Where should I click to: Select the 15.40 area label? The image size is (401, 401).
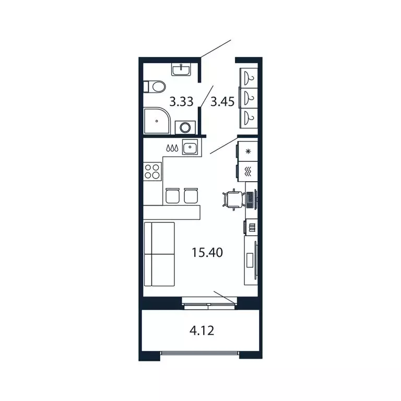[x=207, y=253]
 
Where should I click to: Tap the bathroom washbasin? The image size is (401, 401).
[x=182, y=68]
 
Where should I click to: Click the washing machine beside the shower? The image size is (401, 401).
[x=185, y=127]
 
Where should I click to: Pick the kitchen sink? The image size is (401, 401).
[x=191, y=148]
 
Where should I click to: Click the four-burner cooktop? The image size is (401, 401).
[x=152, y=172]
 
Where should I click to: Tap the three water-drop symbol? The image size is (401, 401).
[x=173, y=148]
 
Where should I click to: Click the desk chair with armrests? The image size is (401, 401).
[x=232, y=199]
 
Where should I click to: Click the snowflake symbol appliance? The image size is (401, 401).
[x=248, y=151]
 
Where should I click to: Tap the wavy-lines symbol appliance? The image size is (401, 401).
[x=248, y=170]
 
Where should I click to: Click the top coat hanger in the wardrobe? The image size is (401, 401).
[x=250, y=78]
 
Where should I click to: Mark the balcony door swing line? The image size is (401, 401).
[x=225, y=296]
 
